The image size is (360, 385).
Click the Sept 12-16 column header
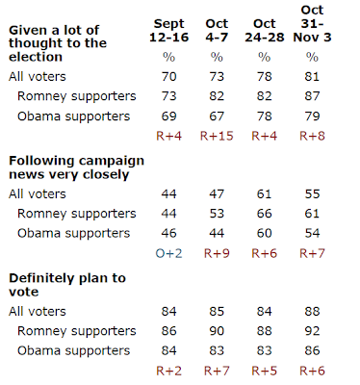pyautogui.click(x=168, y=31)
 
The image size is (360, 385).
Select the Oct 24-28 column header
pyautogui.click(x=265, y=31)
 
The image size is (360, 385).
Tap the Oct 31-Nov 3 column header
pyautogui.click(x=312, y=24)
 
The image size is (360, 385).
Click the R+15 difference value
pyautogui.click(x=217, y=136)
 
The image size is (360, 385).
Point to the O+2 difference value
pyautogui.click(x=168, y=253)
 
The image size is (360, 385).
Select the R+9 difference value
pyautogui.click(x=217, y=253)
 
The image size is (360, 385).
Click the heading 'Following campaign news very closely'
pyautogui.click(x=76, y=167)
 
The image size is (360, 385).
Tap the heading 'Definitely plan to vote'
pyautogui.click(x=67, y=285)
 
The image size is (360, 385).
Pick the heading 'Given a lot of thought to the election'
pyautogui.click(x=58, y=43)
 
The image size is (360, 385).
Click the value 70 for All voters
pyautogui.click(x=168, y=77)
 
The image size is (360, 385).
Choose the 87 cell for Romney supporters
pyautogui.click(x=312, y=96)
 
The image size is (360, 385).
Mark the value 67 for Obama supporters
pyautogui.click(x=217, y=116)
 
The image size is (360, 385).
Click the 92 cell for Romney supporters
pyautogui.click(x=312, y=331)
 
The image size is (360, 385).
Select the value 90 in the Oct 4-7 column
pyautogui.click(x=217, y=331)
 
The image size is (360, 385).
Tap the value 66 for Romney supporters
pyautogui.click(x=265, y=214)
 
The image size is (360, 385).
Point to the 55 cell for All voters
pyautogui.click(x=312, y=194)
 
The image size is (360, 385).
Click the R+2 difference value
pyautogui.click(x=168, y=371)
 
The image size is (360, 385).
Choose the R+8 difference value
pyautogui.click(x=312, y=136)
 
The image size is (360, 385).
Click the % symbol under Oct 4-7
pyautogui.click(x=217, y=57)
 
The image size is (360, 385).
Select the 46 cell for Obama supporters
pyautogui.click(x=168, y=233)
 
